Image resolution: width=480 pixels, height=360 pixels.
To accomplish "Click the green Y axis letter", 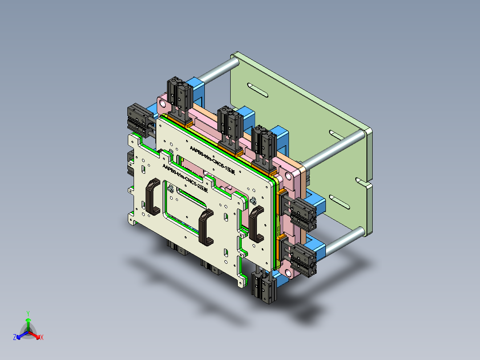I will pyautogui.click(x=28, y=313).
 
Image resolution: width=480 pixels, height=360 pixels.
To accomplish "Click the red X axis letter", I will pyautogui.click(x=41, y=338).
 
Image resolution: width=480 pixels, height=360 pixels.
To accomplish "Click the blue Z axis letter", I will pyautogui.click(x=15, y=338).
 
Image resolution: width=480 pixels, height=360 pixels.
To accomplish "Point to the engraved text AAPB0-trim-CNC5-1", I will pyautogui.click(x=212, y=159).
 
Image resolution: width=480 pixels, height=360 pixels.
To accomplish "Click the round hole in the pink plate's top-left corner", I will pyautogui.click(x=163, y=104).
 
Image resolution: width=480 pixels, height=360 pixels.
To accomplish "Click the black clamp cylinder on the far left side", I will pyautogui.click(x=138, y=118).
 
